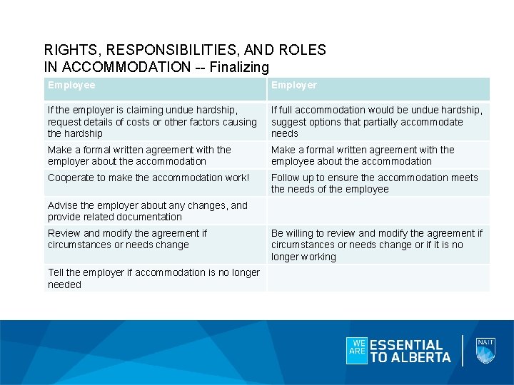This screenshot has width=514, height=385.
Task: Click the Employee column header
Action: point(71,86)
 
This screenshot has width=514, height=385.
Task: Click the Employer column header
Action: point(293,86)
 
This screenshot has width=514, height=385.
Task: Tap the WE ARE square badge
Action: point(356,350)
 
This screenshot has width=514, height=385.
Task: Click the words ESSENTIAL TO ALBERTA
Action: point(410,351)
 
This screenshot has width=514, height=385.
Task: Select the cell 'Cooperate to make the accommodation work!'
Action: point(148,178)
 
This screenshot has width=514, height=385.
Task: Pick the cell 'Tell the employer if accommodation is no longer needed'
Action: point(153,278)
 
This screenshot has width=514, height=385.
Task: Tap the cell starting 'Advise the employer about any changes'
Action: point(148,211)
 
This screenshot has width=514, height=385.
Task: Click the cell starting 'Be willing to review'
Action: point(376,245)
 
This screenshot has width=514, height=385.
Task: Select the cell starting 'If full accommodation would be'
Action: point(376,121)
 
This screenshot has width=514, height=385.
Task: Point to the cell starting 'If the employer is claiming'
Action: point(152,121)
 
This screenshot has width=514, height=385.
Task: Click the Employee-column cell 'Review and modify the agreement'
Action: point(127,239)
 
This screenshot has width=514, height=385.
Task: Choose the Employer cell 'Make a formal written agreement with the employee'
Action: point(363,155)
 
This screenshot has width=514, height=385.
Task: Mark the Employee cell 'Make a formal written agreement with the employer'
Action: point(139,155)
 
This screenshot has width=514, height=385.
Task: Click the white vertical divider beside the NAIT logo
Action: point(463,350)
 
